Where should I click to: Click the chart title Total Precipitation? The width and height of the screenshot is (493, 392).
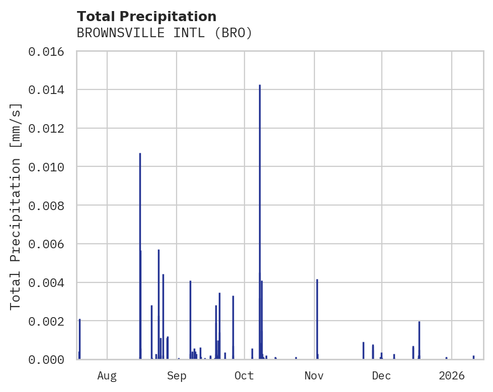tap(146, 17)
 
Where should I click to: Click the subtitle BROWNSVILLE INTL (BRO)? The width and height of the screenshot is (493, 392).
tap(164, 33)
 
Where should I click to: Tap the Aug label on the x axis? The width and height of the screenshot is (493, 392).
tap(107, 375)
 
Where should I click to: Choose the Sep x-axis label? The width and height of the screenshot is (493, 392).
tap(177, 375)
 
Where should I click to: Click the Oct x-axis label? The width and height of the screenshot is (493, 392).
tap(244, 375)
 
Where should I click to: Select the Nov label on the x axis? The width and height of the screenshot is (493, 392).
tap(314, 375)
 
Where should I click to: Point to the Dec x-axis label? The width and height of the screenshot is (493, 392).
tap(382, 375)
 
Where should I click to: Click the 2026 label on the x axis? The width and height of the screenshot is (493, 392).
tap(452, 375)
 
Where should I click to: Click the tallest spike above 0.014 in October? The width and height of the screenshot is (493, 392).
tap(260, 151)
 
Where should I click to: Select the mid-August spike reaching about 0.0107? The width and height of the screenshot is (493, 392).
tap(140, 201)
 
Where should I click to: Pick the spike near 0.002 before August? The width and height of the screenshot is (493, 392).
tap(79, 337)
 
